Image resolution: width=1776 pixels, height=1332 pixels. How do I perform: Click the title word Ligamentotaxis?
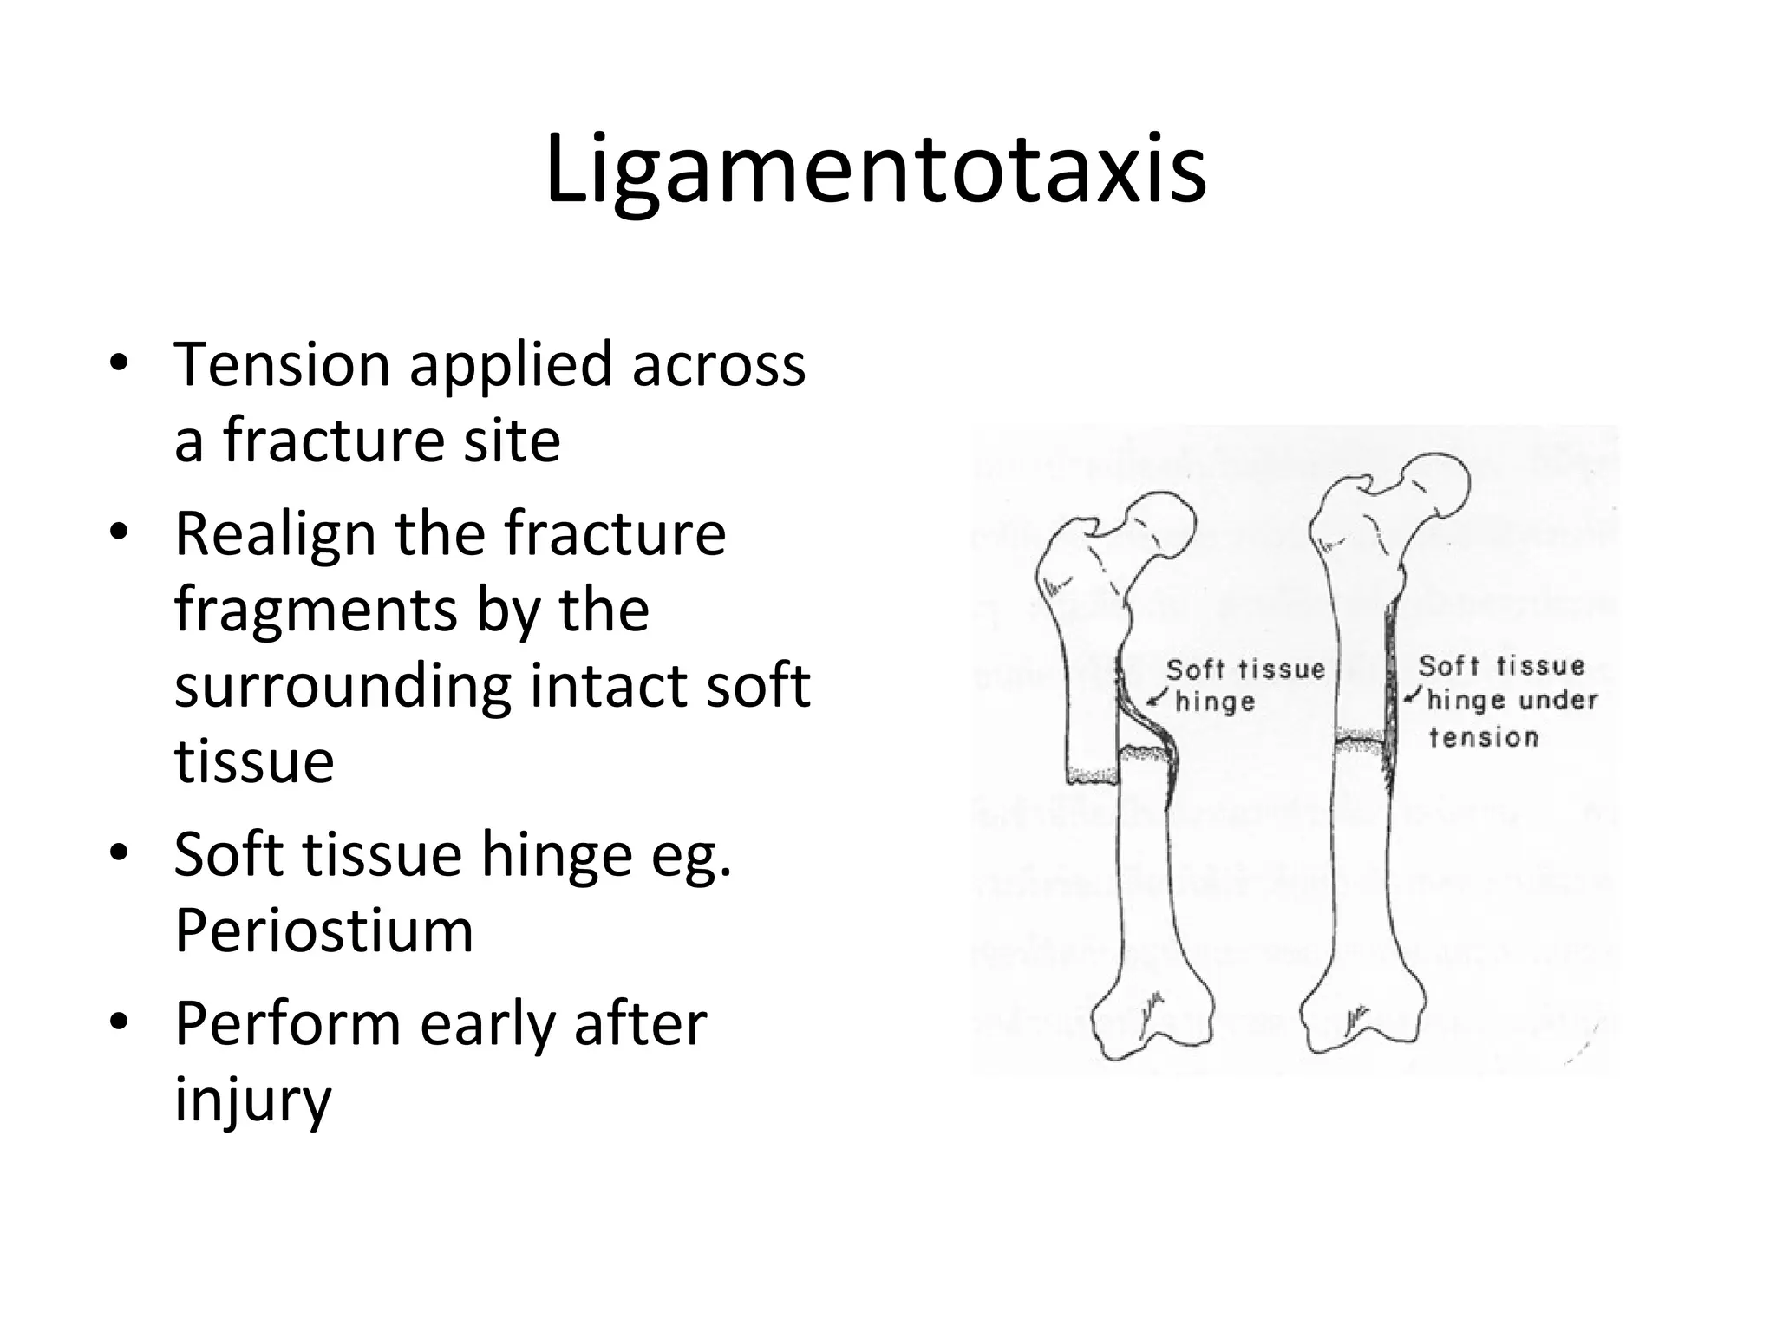pos(876,170)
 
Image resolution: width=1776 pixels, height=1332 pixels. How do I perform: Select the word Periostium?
pos(323,930)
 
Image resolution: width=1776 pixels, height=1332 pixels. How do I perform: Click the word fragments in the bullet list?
pos(314,610)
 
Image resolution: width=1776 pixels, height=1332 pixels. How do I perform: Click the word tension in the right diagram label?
pos(1483,738)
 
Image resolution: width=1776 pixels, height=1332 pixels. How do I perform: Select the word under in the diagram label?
pos(1557,700)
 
